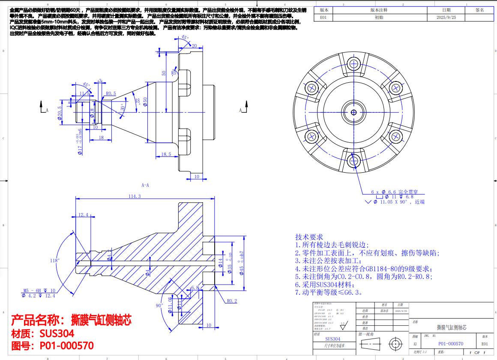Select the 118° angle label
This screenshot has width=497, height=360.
(54, 261)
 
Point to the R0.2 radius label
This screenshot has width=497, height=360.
(232, 301)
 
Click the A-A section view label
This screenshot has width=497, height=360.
(145, 185)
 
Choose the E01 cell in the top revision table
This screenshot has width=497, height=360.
(323, 18)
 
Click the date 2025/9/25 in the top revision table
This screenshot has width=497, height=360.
(446, 18)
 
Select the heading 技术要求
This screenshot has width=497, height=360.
(309, 237)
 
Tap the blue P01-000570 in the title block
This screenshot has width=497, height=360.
(450, 344)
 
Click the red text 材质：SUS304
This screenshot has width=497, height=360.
(43, 333)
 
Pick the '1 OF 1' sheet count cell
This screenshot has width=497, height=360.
(474, 352)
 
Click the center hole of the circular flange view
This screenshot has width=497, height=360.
(354, 112)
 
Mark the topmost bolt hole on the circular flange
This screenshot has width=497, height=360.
(354, 63)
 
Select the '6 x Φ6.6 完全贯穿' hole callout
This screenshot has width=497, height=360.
(394, 192)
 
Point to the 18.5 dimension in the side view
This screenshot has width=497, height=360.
(166, 154)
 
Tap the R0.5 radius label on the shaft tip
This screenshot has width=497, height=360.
(111, 93)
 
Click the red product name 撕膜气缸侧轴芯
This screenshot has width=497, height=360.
(71, 320)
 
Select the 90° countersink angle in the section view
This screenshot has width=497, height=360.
(159, 306)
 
